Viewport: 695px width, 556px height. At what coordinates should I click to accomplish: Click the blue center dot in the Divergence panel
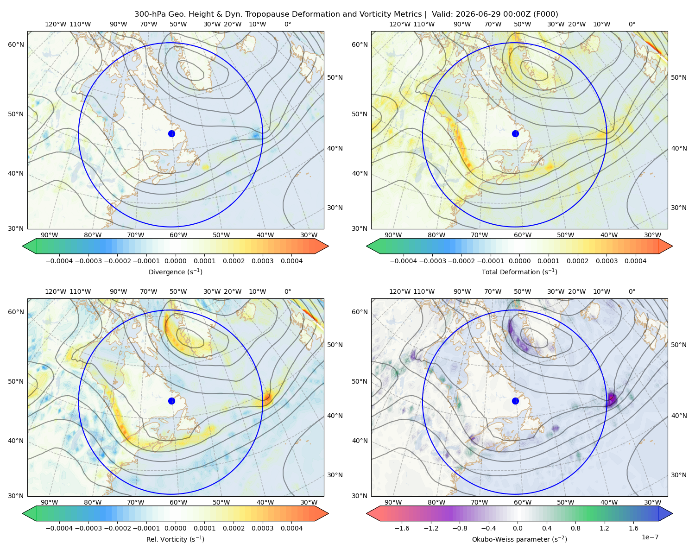[171, 133]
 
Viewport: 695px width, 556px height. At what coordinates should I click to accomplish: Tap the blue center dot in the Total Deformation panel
[515, 133]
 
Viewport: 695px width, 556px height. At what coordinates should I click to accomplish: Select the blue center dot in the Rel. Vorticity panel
[171, 401]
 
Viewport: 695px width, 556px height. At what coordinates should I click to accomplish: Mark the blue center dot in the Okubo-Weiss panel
[515, 401]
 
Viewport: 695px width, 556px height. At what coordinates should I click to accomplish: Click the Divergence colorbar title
[175, 272]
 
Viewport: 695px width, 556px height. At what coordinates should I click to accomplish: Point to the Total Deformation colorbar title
[519, 272]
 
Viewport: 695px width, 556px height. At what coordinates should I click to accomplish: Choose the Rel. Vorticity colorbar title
[175, 539]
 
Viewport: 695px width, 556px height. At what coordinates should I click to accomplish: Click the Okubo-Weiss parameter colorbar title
[519, 539]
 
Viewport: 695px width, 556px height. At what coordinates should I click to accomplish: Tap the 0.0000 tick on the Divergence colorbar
[175, 261]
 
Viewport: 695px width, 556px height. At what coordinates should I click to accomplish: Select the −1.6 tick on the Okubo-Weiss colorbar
[402, 528]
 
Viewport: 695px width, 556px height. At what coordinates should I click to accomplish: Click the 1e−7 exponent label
[650, 537]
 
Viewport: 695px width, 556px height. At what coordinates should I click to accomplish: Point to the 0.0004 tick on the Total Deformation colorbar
[635, 261]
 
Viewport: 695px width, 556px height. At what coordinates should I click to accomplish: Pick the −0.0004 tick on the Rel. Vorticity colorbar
[59, 528]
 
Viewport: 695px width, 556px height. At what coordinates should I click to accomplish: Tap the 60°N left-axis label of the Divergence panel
[16, 44]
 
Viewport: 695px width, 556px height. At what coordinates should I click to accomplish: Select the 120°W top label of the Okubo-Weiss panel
[400, 291]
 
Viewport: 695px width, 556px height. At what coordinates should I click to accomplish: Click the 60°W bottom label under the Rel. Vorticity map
[178, 502]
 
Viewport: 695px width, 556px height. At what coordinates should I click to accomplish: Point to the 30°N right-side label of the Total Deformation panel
[679, 208]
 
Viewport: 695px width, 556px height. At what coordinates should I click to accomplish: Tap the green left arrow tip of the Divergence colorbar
[23, 246]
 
